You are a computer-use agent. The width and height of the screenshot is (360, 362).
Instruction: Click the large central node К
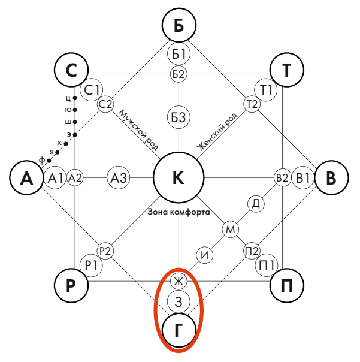[x=179, y=177]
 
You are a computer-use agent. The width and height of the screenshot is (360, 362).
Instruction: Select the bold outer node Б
[x=179, y=26]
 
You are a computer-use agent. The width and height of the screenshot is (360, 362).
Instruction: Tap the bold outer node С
[x=71, y=71]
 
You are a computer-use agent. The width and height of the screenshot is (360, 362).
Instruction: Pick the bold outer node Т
[x=286, y=71]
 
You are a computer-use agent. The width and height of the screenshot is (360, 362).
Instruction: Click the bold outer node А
[x=26, y=178]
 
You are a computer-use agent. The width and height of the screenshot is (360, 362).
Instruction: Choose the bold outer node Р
[x=71, y=285]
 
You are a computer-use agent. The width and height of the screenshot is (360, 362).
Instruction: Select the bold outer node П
[x=286, y=285]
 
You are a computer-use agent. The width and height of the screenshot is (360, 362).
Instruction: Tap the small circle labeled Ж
[x=179, y=280]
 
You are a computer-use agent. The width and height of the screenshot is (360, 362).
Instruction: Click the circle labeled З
[x=179, y=300]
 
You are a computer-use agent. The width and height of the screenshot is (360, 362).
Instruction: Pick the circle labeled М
[x=231, y=229]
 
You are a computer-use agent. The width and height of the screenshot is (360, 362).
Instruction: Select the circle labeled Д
[x=256, y=204]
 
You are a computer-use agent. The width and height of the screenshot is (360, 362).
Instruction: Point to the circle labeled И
[x=205, y=255]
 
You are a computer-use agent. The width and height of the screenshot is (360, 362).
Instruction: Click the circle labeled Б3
[x=179, y=118]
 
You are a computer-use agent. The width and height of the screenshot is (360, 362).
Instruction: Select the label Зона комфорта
[x=178, y=212]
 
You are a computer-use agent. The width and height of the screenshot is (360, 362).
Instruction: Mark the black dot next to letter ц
[x=75, y=98]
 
